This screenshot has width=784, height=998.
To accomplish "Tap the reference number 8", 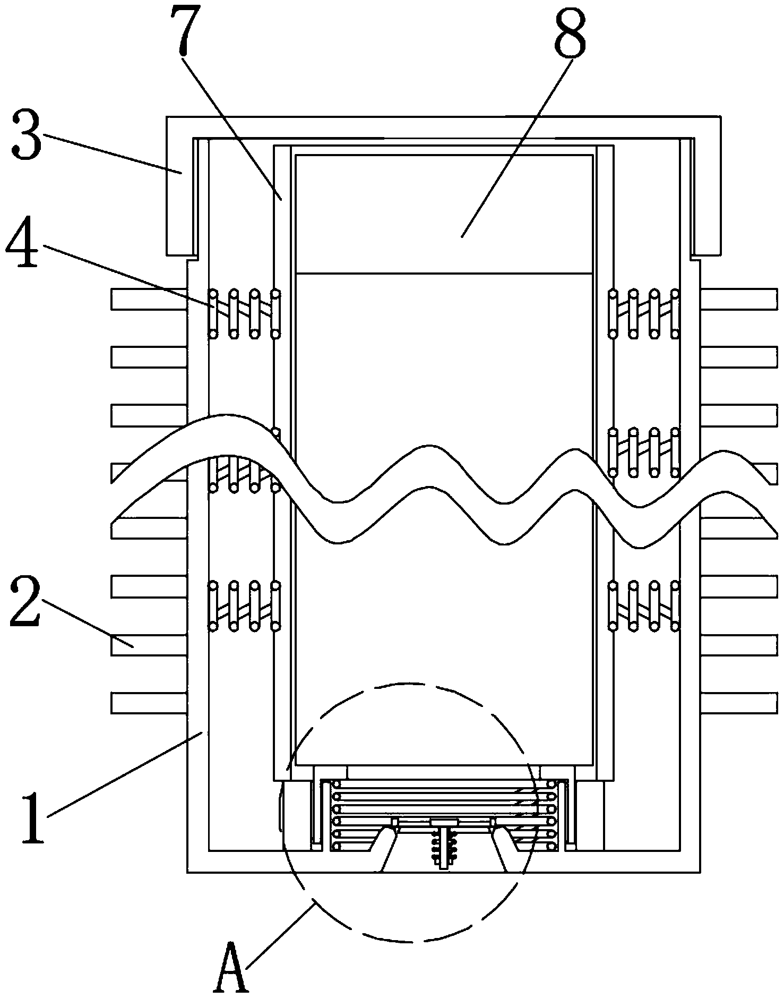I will pyautogui.click(x=570, y=30).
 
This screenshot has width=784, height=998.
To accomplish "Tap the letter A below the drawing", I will pyautogui.click(x=230, y=967).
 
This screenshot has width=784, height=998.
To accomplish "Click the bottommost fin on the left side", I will pyautogui.click(x=149, y=703).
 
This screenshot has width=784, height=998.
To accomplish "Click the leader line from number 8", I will pyautogui.click(x=515, y=149).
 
